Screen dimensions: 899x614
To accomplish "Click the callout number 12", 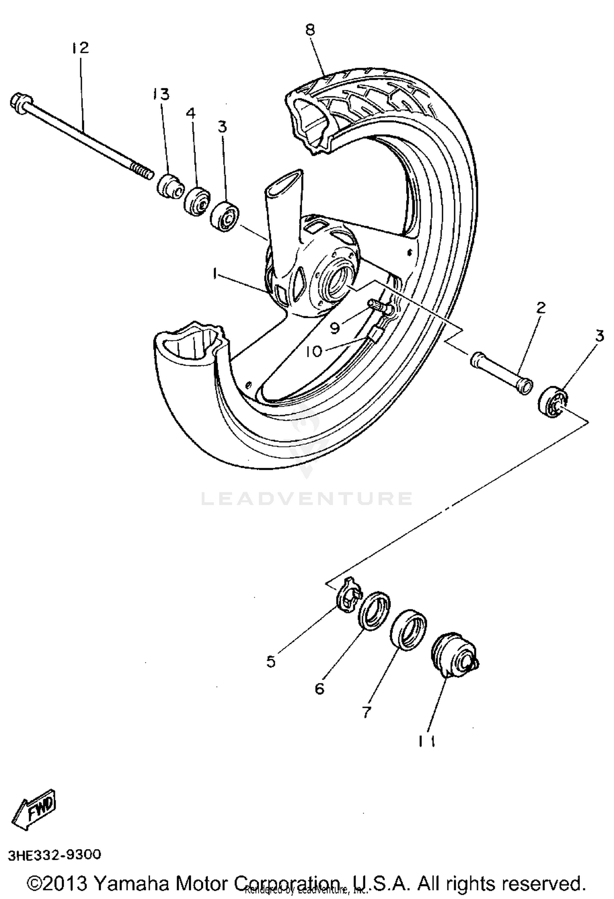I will [x=80, y=48].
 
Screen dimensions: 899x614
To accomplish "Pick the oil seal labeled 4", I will [x=197, y=200].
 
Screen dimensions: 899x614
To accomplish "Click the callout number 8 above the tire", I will [x=310, y=30].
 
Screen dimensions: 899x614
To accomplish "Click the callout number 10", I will [x=314, y=351].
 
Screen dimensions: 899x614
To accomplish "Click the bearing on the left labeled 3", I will [x=224, y=215].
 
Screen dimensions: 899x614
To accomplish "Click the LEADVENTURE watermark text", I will [x=307, y=498].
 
